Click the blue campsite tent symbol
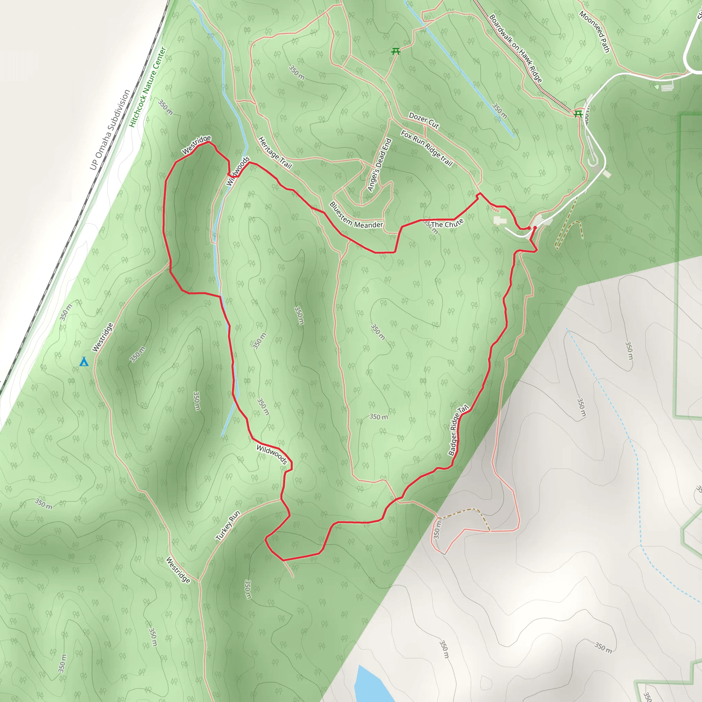pos(84,362)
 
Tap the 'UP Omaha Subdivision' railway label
pos(110,130)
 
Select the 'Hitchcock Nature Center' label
pos(148,87)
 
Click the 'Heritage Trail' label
pos(275,153)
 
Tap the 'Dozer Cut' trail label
pos(424,120)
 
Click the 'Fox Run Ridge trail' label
pos(426,148)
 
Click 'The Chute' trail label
pos(447,223)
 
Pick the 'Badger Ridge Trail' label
pos(458,430)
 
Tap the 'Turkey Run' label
pos(228,526)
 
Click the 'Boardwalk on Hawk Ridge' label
pos(516,48)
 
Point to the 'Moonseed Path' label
pos(594,32)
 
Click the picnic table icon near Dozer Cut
pos(396,52)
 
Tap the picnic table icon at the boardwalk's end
pos(578,114)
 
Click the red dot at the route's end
pos(535,228)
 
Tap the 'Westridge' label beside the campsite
pos(102,337)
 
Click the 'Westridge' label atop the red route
pos(196,145)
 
